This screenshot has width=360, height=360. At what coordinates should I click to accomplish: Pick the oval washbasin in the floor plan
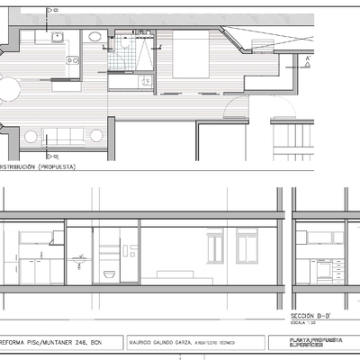pos(94,37)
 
